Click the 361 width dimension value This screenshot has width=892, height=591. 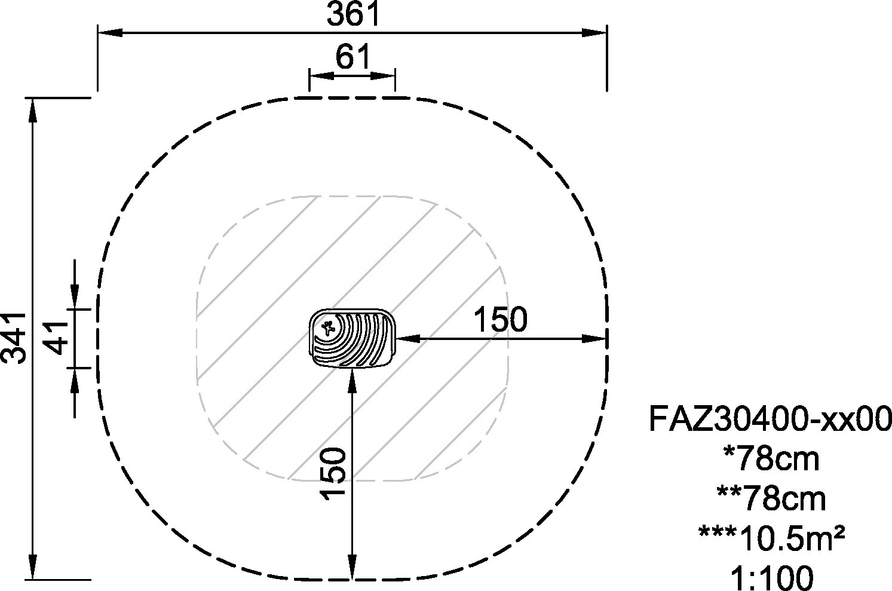pyautogui.click(x=353, y=14)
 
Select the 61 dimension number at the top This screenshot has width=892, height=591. pyautogui.click(x=353, y=57)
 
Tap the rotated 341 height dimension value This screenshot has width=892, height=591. pyautogui.click(x=14, y=338)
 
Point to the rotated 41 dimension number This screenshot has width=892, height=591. pyautogui.click(x=57, y=338)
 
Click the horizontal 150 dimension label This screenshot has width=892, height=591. pyautogui.click(x=501, y=319)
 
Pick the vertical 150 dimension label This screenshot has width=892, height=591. pyautogui.click(x=332, y=473)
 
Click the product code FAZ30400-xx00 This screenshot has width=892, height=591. pyautogui.click(x=770, y=418)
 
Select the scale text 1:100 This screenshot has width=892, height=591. pyautogui.click(x=772, y=578)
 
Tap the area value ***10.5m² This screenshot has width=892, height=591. pyautogui.click(x=771, y=538)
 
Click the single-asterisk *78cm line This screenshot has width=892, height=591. pyautogui.click(x=771, y=459)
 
